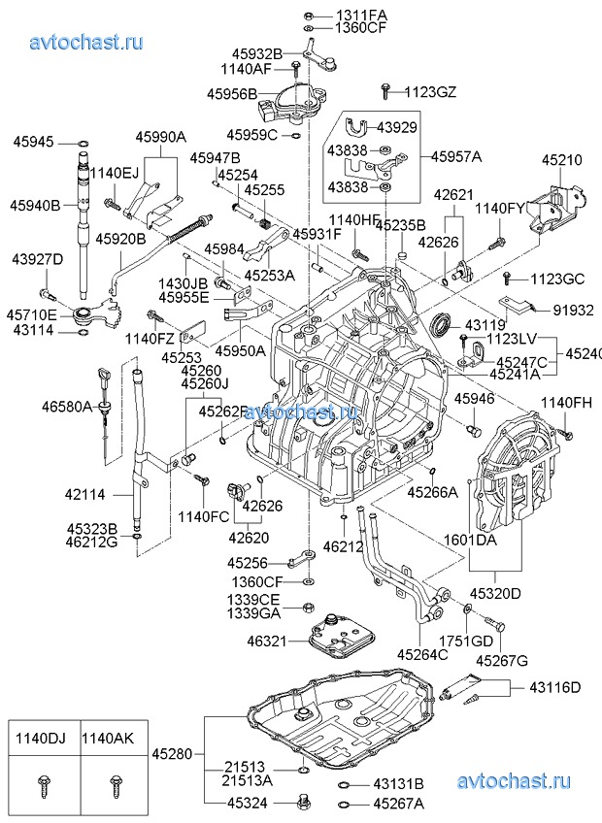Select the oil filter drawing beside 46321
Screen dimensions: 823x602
pyautogui.click(x=334, y=638)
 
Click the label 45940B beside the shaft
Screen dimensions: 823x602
pyautogui.click(x=36, y=205)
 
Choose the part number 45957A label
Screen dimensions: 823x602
pyautogui.click(x=457, y=155)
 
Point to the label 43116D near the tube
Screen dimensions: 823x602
pyautogui.click(x=554, y=688)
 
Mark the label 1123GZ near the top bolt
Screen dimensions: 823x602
pyautogui.click(x=429, y=92)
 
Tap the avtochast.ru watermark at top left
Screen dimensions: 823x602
pyautogui.click(x=86, y=42)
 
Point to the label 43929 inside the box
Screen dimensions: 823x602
pyautogui.click(x=396, y=127)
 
